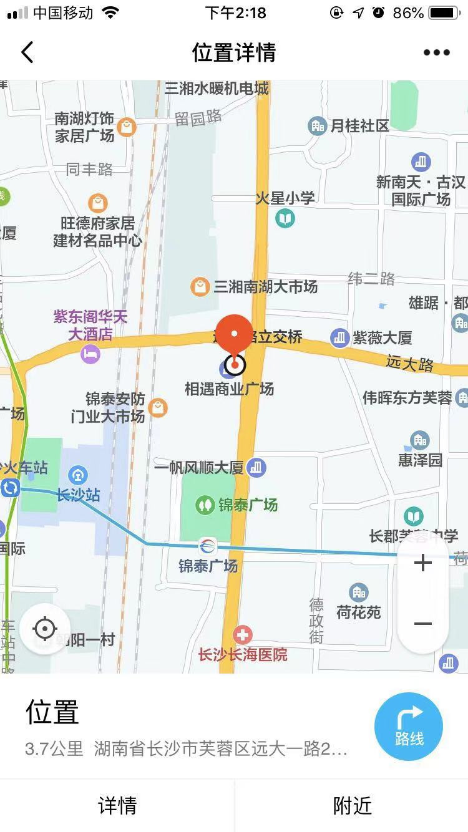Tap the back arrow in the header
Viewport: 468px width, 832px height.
(x=27, y=52)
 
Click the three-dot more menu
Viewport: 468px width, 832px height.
(x=436, y=52)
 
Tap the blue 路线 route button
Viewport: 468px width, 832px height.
(x=409, y=727)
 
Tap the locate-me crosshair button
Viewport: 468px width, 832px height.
(x=44, y=629)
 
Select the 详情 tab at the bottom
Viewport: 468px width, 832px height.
(x=117, y=805)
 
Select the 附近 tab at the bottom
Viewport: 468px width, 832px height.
(x=352, y=805)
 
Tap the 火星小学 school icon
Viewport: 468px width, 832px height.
(x=285, y=218)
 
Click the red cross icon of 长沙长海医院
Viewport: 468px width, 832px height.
(x=243, y=636)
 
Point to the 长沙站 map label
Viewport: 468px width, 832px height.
(x=78, y=495)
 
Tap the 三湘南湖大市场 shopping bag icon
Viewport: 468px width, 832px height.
(x=200, y=287)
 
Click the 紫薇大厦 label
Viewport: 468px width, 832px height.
(x=382, y=338)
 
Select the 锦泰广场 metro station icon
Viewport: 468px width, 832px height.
(x=208, y=546)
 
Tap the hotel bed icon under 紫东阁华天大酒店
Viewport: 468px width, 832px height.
(x=90, y=355)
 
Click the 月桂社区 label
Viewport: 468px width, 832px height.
(x=359, y=126)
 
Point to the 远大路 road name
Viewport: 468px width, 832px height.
(x=409, y=363)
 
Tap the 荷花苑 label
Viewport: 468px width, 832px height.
(x=358, y=612)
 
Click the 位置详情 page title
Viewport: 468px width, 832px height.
(x=234, y=52)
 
